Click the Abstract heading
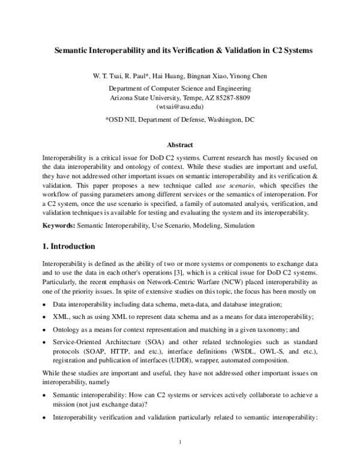[179, 145]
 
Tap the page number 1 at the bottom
[180, 443]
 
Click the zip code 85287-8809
[230, 97]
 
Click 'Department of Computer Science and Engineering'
[179, 88]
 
